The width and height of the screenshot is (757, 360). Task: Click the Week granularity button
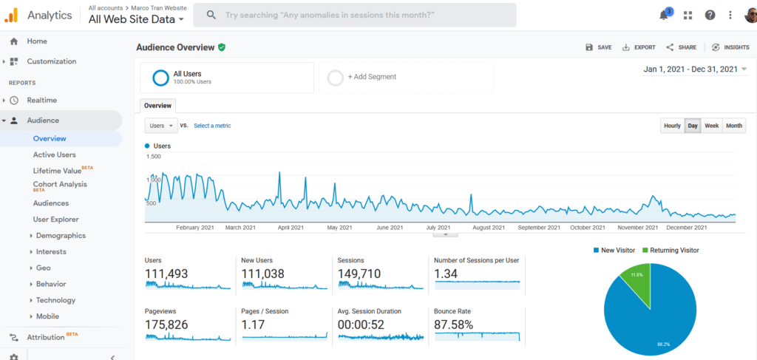pos(712,126)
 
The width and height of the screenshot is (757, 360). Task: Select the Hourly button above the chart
pos(672,126)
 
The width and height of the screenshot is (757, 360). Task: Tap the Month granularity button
pos(734,126)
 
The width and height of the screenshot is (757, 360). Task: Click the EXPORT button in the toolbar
pos(639,47)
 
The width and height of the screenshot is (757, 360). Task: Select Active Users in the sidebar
pos(54,154)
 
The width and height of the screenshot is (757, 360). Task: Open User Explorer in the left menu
pos(55,220)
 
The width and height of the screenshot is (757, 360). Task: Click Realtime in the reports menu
pos(41,101)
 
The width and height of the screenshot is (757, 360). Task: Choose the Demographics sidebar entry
pos(61,236)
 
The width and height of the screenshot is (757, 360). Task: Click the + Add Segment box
pos(372,77)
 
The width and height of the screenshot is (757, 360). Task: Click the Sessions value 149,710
pos(360,274)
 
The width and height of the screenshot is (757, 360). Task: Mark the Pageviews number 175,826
pos(166,325)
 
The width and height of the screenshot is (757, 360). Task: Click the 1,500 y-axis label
pos(153,157)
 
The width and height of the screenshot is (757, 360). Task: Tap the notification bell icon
pos(664,15)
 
